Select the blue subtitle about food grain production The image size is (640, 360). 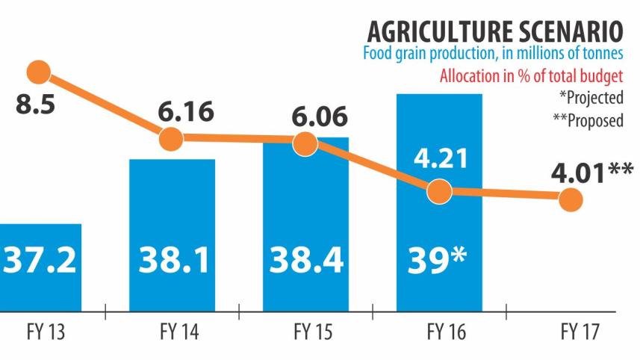(x=492, y=55)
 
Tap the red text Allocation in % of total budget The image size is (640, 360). (x=531, y=76)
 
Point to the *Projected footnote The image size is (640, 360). (x=591, y=98)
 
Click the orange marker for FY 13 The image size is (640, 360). (x=38, y=72)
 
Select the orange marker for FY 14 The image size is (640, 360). (x=171, y=138)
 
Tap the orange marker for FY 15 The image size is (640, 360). (x=305, y=143)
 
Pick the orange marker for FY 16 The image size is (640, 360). (x=440, y=191)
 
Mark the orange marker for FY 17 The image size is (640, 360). (x=571, y=199)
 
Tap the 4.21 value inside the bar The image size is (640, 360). (x=440, y=159)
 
